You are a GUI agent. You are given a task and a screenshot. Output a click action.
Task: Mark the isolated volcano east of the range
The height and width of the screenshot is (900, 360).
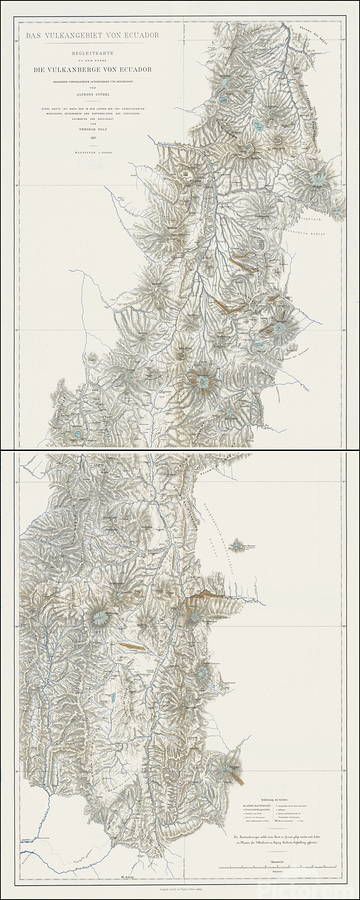click(239, 546)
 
